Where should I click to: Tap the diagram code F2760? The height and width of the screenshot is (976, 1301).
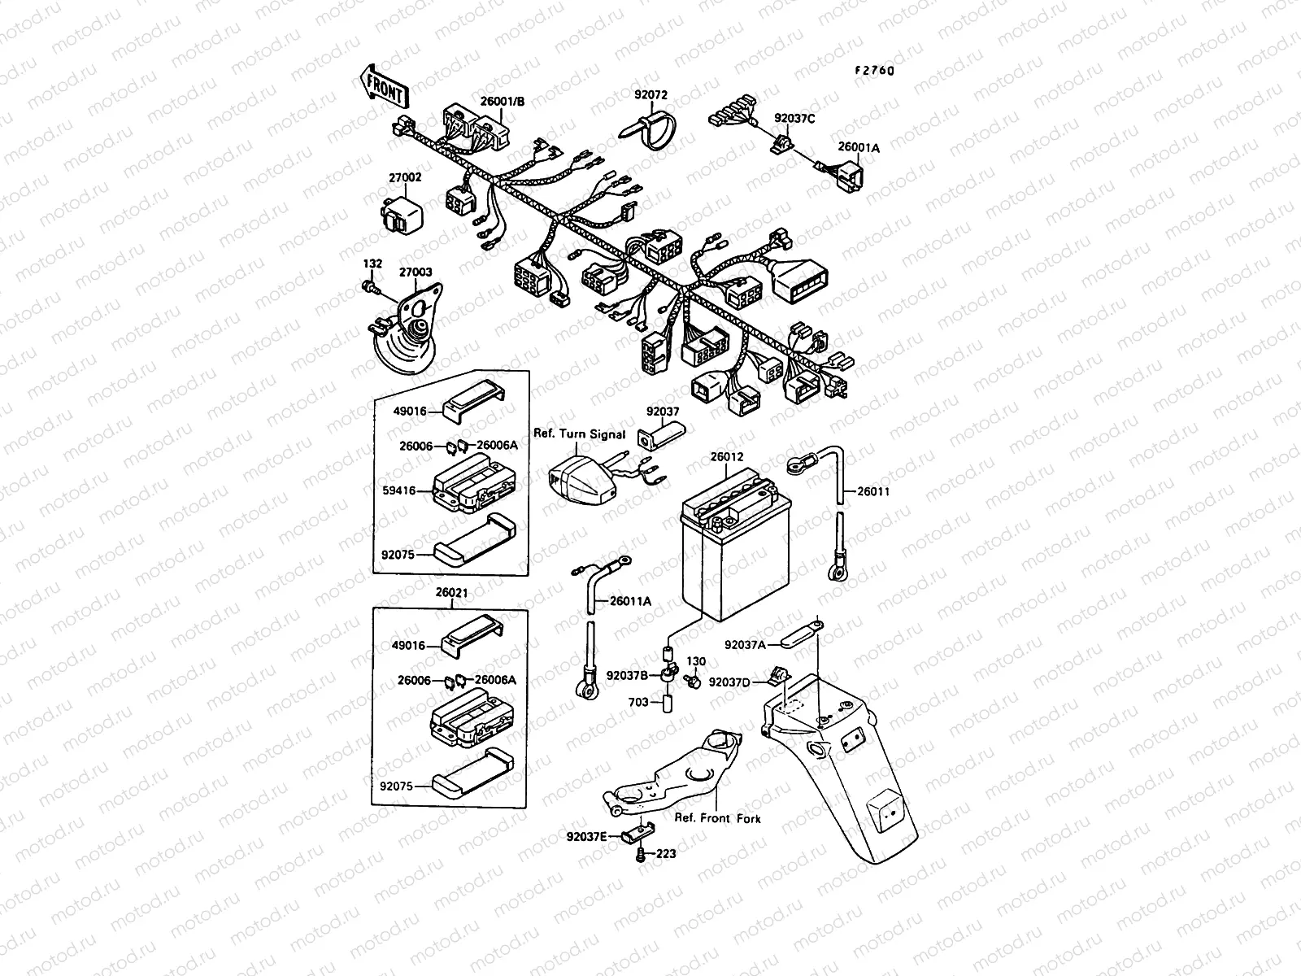pyautogui.click(x=874, y=71)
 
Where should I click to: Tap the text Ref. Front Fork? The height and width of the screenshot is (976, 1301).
pyautogui.click(x=717, y=818)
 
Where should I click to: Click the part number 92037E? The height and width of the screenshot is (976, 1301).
pyautogui.click(x=588, y=835)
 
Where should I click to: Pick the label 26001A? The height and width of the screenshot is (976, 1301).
pyautogui.click(x=859, y=148)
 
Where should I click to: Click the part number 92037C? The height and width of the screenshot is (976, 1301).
pyautogui.click(x=794, y=118)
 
